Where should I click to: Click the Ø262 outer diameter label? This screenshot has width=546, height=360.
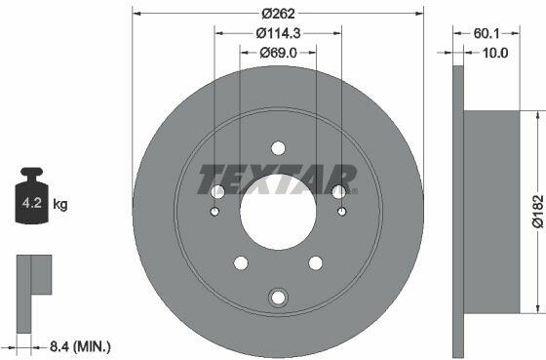278,14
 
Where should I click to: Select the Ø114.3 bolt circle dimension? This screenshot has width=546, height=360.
278,33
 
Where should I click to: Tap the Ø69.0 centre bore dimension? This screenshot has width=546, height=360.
278,53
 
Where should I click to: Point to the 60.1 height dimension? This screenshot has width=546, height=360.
487,33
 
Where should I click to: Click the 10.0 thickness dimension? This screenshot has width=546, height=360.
495,53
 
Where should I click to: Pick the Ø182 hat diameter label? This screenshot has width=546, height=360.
537,211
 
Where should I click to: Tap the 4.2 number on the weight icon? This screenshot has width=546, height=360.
31,203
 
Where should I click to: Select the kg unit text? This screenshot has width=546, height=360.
60,204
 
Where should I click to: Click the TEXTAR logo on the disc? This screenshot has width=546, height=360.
278,180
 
